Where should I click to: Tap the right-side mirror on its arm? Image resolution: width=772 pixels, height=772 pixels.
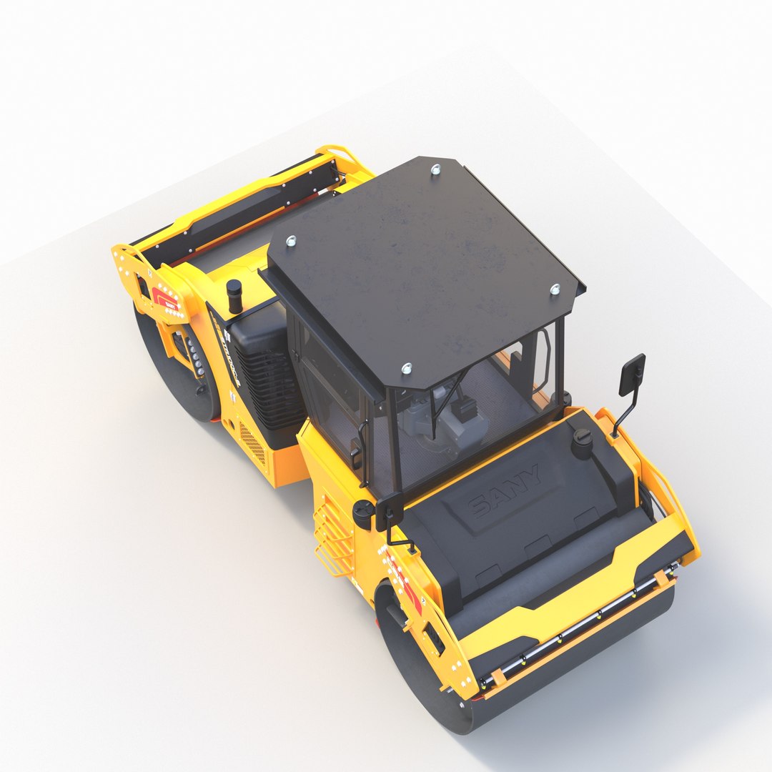point(632,375)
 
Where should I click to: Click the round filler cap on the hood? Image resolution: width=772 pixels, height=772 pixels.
point(583,442)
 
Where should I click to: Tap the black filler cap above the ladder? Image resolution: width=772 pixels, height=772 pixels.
point(363,513)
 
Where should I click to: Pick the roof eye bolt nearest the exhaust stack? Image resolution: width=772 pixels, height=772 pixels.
point(291,241)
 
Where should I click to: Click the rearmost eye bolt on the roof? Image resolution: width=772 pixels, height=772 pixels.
point(435,169)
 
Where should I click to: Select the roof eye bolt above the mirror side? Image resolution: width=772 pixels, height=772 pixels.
point(555,289)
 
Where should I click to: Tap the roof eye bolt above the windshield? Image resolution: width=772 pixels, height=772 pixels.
point(407,369)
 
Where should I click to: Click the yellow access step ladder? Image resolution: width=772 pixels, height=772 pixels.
point(333,536)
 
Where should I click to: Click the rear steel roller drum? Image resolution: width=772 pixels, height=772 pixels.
point(175,372)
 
